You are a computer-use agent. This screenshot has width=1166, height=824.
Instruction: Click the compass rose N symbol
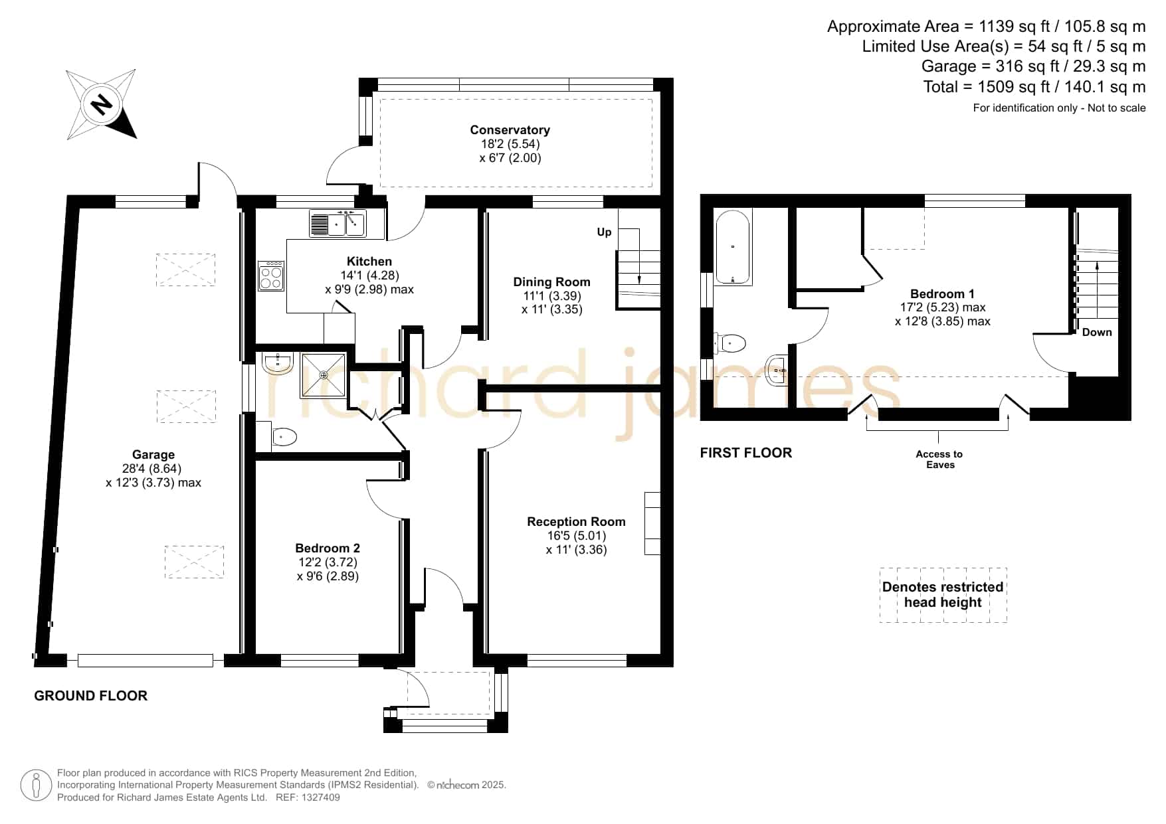pos(101,105)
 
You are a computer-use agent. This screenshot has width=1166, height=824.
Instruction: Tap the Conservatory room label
pos(510,130)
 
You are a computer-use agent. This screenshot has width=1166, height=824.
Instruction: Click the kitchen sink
pos(337,223)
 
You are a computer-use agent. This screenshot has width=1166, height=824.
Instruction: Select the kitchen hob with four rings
pos(271,275)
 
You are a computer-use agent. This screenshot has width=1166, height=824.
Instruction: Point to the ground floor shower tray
pos(324,375)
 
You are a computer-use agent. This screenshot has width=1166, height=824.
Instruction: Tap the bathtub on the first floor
pos(733,248)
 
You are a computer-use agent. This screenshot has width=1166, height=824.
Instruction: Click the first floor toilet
pos(731,343)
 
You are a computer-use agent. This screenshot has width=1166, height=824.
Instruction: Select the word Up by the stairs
pos(604,232)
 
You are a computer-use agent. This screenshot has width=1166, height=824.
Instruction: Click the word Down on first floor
pos(1097,332)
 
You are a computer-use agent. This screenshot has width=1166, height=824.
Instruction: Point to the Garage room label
pos(153,455)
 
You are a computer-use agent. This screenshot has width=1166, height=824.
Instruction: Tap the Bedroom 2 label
pos(328,548)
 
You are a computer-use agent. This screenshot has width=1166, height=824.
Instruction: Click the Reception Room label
pos(576,522)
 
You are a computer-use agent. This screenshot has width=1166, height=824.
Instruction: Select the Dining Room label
pos(551,282)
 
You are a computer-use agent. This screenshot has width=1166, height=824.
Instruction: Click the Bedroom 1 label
pos(942,294)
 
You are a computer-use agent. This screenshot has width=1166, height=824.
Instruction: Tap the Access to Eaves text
pos(939,459)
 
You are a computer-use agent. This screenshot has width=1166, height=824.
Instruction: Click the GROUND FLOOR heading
pos(91,696)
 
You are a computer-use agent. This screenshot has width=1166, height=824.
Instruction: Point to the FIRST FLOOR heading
pos(746,453)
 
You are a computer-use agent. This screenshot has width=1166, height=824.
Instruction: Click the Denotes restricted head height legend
pos(943,595)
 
